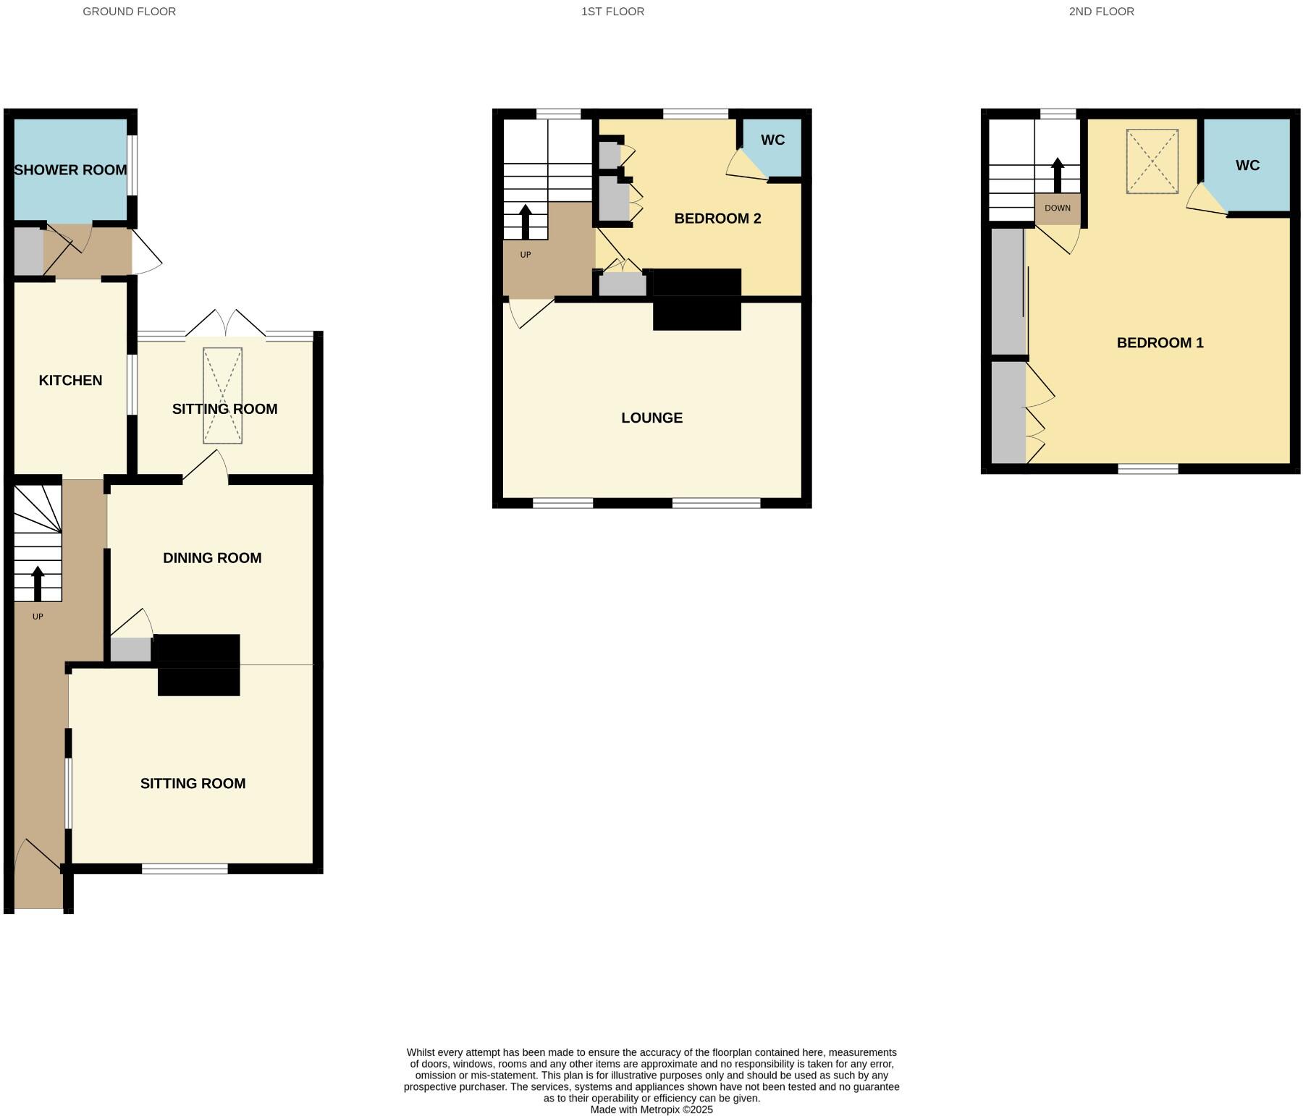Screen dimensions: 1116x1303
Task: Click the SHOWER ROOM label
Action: click(x=70, y=170)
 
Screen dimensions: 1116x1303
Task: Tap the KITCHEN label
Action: click(x=70, y=380)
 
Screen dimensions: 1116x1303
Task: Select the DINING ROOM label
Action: click(x=212, y=558)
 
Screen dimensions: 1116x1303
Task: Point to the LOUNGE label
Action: click(x=651, y=418)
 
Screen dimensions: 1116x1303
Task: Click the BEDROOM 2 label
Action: click(x=717, y=219)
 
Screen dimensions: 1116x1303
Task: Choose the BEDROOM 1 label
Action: click(x=1160, y=343)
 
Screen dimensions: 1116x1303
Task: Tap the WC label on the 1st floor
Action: click(x=772, y=140)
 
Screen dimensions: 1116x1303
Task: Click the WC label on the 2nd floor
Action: click(x=1247, y=166)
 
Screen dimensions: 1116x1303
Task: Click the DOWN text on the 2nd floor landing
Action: click(x=1057, y=208)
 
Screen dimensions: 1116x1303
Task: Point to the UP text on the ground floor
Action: click(x=38, y=617)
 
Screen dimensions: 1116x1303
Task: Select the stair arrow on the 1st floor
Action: click(x=525, y=221)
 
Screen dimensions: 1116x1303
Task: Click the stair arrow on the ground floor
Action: click(x=38, y=583)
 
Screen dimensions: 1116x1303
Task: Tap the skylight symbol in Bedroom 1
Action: click(x=1152, y=161)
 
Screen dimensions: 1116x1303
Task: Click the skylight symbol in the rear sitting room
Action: click(x=222, y=395)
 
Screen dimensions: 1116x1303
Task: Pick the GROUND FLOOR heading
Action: click(x=129, y=12)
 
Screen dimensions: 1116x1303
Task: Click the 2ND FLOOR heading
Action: click(x=1101, y=12)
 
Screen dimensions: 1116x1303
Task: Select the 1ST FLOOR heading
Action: click(x=612, y=12)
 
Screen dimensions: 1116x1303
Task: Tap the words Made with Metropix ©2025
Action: click(x=651, y=1109)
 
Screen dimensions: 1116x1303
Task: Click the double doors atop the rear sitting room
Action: click(x=225, y=325)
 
